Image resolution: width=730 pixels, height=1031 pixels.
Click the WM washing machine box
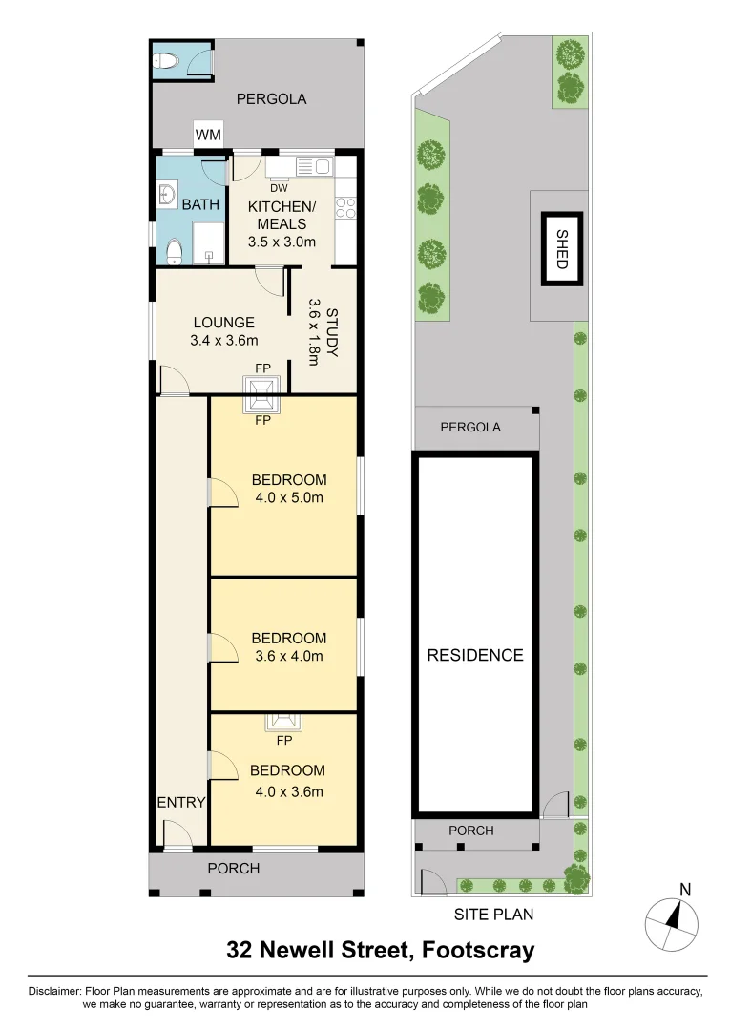pos(208,135)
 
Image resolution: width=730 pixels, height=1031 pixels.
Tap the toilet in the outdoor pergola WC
pos(166,61)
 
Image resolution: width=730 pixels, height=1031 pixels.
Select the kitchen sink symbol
pos(313,166)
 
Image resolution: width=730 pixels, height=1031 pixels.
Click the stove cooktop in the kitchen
pos(345,208)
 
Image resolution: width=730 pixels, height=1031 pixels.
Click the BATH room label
pos(200,204)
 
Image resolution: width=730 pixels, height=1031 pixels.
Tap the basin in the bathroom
pos(166,195)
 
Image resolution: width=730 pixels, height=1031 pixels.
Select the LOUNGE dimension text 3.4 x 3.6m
pos(224,341)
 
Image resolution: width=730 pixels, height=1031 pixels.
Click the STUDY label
pos(332,332)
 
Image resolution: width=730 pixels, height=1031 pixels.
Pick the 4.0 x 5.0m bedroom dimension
pos(289,497)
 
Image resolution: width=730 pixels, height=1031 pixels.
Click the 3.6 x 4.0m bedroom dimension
pos(289,656)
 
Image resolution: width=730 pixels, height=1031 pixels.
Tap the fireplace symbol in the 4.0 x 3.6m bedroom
pos(283,723)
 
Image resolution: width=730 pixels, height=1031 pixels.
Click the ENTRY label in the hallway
pos(181,802)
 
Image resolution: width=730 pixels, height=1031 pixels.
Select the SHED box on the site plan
pos(562,249)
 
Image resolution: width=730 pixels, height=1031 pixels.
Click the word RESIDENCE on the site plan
pos(475,655)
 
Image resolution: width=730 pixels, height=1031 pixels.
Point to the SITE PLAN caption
pos(493,914)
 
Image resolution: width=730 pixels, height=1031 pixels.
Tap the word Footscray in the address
pos(478,950)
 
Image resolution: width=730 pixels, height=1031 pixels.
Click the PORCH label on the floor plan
pos(233,869)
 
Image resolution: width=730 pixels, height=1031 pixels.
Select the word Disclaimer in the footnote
pos(53,991)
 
